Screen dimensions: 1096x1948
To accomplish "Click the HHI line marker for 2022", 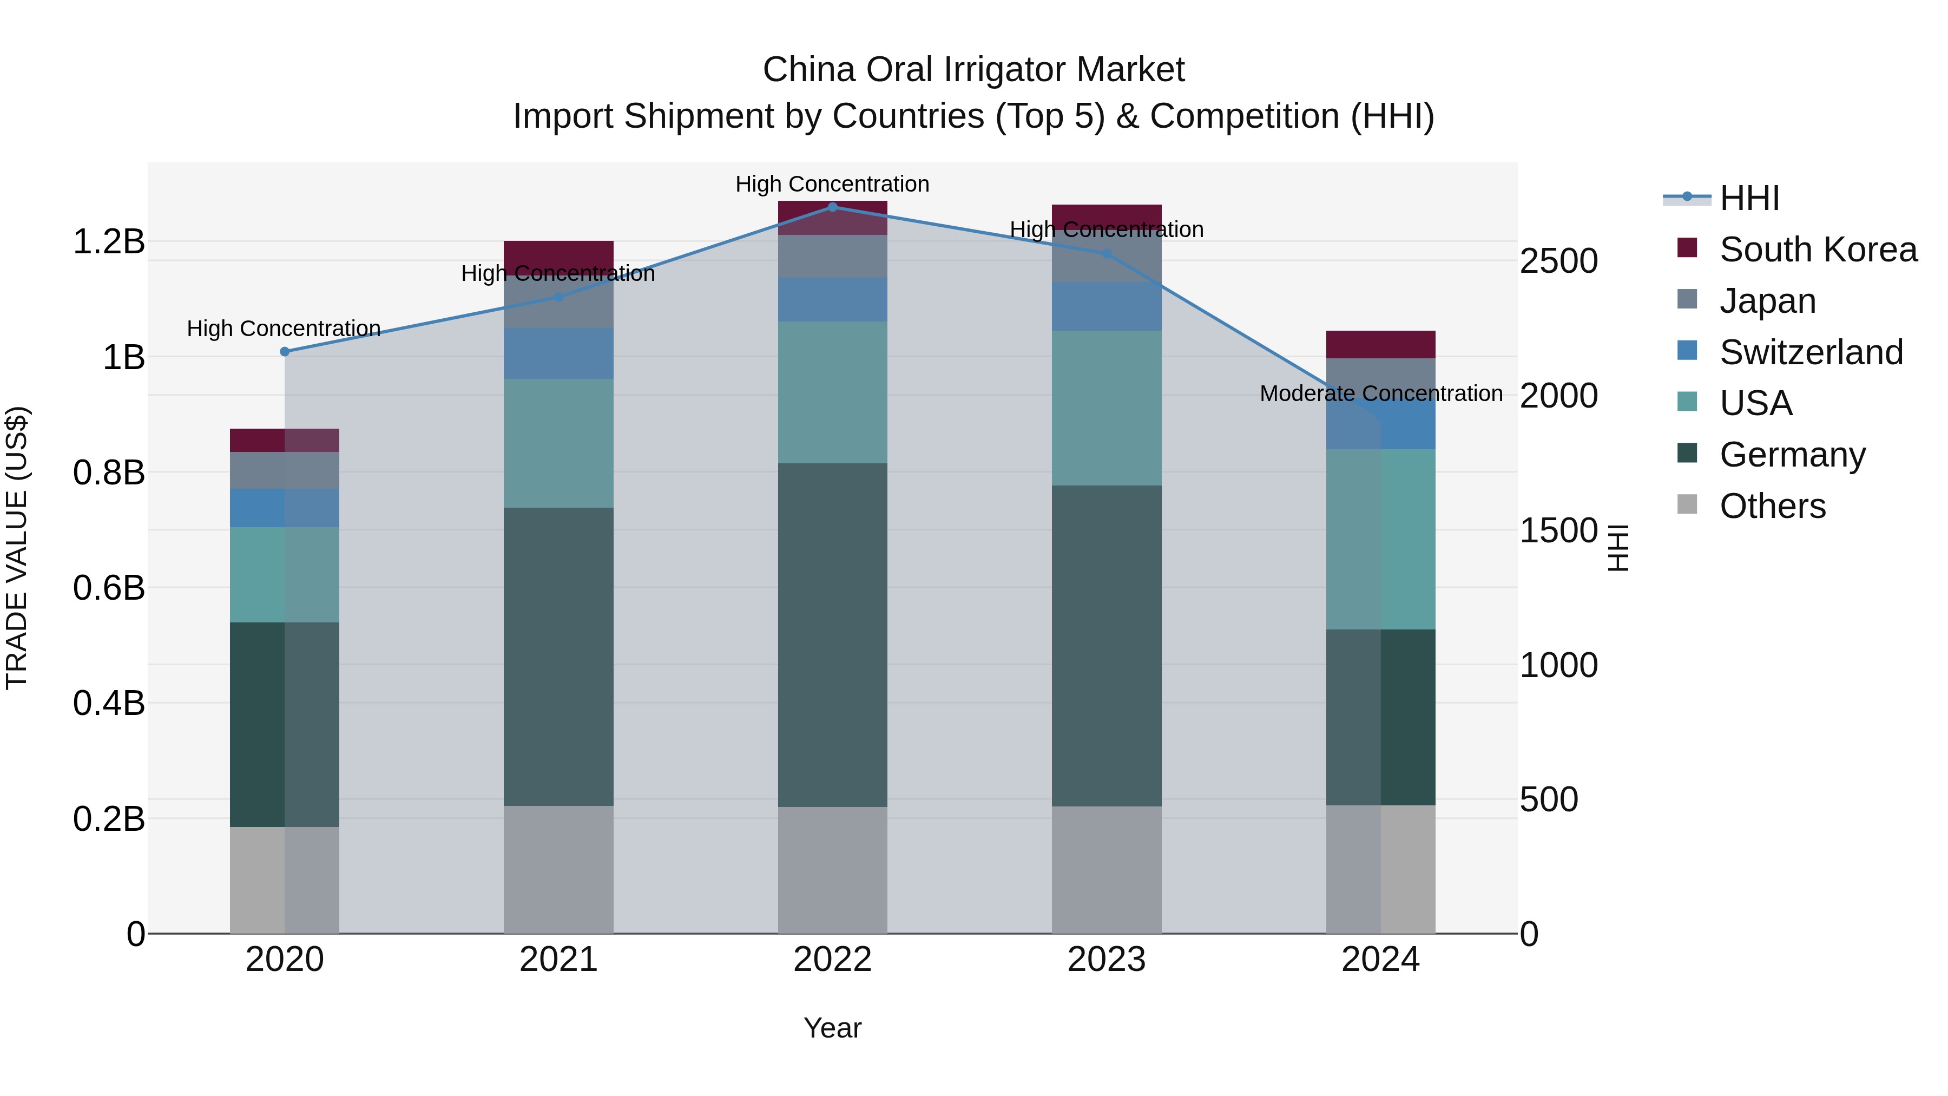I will tap(833, 207).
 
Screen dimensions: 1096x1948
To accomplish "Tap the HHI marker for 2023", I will tap(1107, 253).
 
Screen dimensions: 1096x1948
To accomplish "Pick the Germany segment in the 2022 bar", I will tap(833, 635).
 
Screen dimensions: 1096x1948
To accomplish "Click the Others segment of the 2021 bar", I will tap(559, 870).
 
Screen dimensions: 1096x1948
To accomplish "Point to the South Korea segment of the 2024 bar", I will tap(1381, 344).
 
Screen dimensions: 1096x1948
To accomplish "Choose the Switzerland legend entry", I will tap(1811, 352).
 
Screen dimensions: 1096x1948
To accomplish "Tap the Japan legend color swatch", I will tap(1687, 299).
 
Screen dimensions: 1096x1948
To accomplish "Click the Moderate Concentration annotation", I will tap(1381, 393).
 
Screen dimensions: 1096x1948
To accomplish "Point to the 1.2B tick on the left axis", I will tap(109, 242).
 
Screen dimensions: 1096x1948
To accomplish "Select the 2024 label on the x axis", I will tap(1381, 960).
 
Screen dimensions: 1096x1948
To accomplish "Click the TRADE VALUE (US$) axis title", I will tap(17, 548).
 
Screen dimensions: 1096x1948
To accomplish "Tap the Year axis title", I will tap(833, 1028).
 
